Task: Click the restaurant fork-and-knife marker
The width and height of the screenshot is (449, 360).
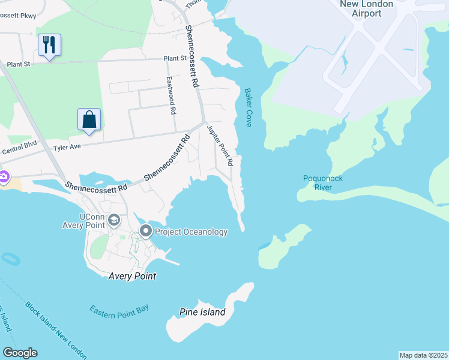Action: [x=49, y=44]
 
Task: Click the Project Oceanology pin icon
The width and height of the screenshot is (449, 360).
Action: [x=146, y=231]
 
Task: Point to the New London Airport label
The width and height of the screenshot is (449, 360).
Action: [x=367, y=8]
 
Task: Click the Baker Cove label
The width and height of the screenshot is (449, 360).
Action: [x=247, y=107]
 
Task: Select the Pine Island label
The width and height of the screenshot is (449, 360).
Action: [x=202, y=312]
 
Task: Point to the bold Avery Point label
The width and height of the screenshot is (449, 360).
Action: [x=132, y=277]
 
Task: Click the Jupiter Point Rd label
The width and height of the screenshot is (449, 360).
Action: [x=220, y=145]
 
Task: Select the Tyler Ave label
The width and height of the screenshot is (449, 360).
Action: [x=67, y=146]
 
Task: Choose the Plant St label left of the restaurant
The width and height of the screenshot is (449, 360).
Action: [x=19, y=64]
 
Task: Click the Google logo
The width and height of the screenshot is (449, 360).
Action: [x=20, y=353]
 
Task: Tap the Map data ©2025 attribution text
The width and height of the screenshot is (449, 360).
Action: [x=423, y=355]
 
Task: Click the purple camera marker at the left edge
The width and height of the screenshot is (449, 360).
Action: [x=3, y=177]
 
